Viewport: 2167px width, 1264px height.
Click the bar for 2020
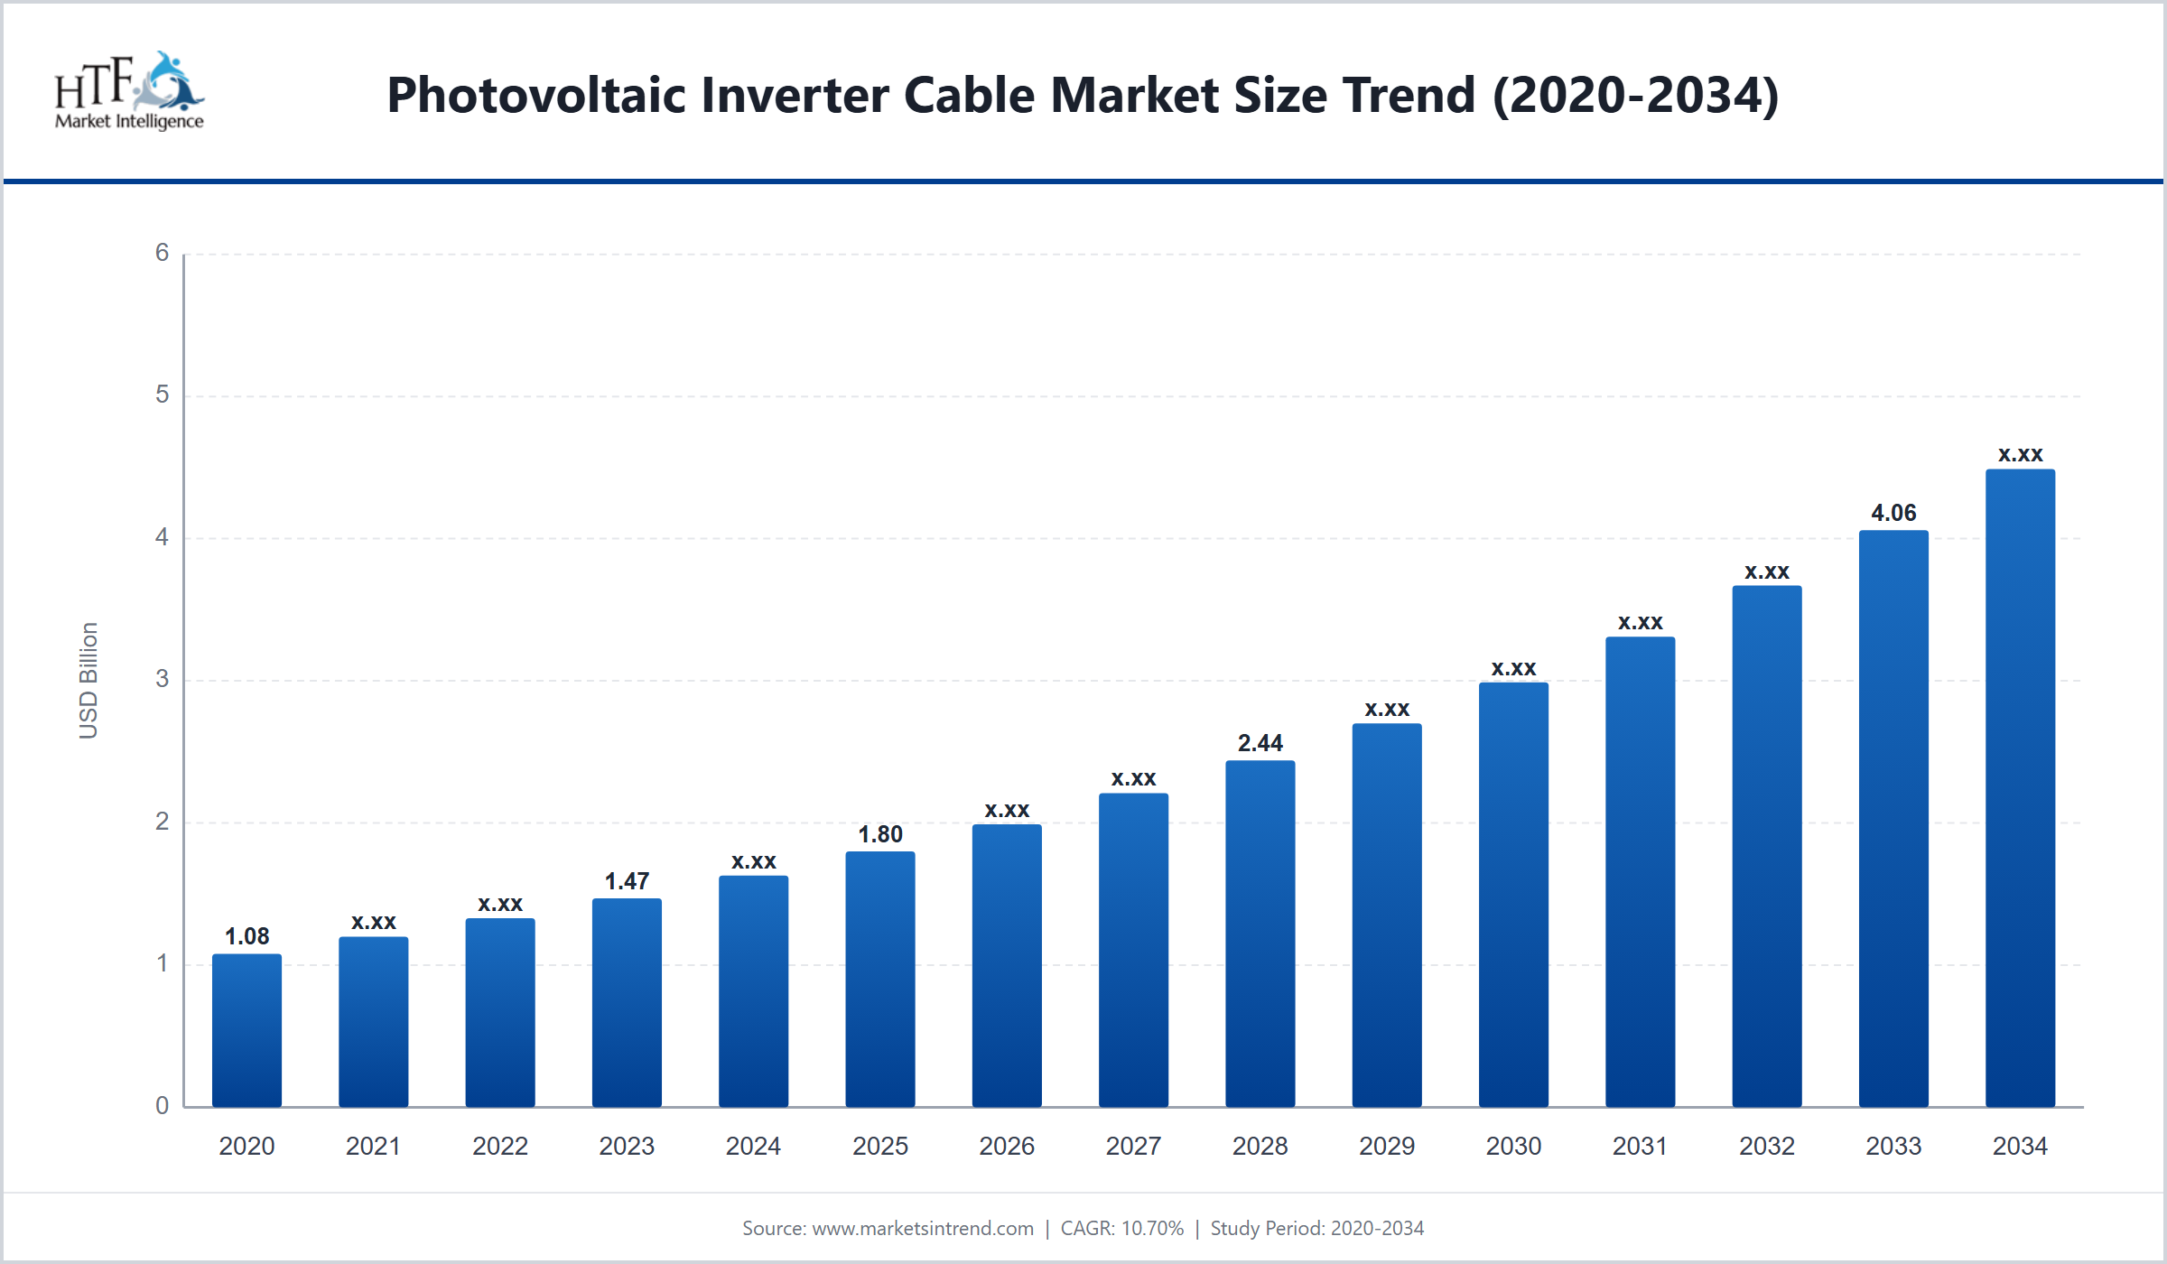tap(246, 1030)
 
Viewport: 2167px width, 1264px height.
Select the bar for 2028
tap(1260, 934)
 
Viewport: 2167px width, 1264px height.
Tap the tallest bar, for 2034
tap(2020, 788)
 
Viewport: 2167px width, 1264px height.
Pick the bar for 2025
tap(880, 980)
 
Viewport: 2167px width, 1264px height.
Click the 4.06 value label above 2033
tap(1893, 513)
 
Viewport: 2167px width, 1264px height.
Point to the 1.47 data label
tap(627, 881)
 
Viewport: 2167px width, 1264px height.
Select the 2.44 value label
tap(1260, 743)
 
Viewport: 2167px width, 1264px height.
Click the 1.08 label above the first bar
tap(246, 936)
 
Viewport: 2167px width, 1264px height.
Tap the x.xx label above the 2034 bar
tap(2020, 455)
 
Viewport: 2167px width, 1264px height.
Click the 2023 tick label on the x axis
tap(627, 1146)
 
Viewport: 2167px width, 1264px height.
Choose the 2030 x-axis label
tap(1513, 1146)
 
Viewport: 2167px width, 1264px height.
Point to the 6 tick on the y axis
tap(163, 253)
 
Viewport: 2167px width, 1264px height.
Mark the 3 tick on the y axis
tap(163, 679)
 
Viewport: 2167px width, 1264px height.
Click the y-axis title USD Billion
tap(88, 681)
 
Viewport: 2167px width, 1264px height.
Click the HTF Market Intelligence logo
tap(129, 91)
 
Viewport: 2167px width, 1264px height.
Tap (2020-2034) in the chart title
tap(1636, 95)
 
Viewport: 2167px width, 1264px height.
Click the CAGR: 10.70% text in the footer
tap(1121, 1228)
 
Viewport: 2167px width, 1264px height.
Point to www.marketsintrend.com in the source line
tap(923, 1228)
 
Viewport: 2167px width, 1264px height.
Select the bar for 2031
tap(1640, 872)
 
